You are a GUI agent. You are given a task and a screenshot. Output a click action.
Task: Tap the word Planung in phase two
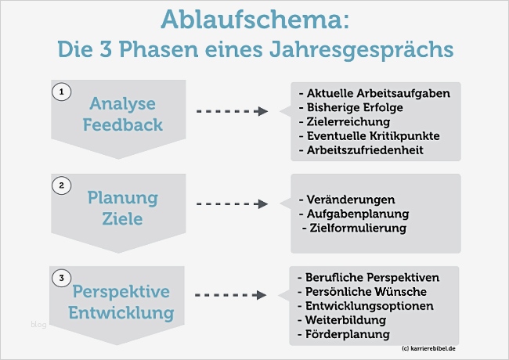[122, 196]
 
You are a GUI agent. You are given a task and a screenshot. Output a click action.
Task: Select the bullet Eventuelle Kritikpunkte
[370, 135]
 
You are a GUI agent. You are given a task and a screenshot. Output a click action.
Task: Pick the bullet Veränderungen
[347, 200]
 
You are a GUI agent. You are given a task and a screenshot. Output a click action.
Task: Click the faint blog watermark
[38, 324]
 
